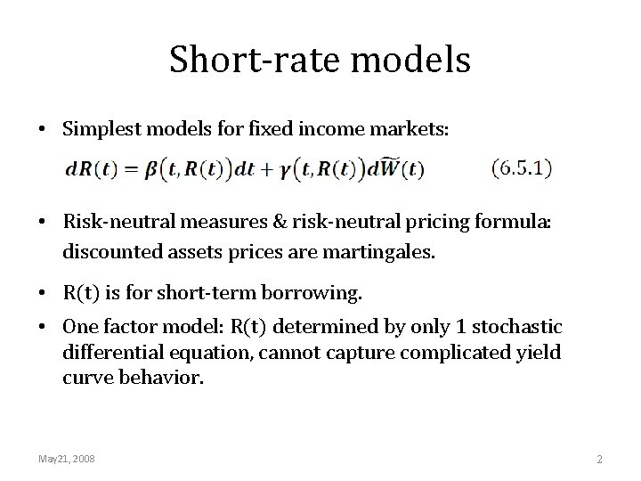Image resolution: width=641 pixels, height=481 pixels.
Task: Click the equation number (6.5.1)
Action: coord(522,167)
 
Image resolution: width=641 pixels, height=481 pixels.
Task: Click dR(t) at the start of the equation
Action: coord(113,167)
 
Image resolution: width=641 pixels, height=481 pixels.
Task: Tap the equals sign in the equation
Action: coord(150,167)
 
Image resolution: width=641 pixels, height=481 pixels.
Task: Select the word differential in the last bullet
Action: coord(105,352)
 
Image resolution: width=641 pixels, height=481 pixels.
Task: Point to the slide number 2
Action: coord(599,459)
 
